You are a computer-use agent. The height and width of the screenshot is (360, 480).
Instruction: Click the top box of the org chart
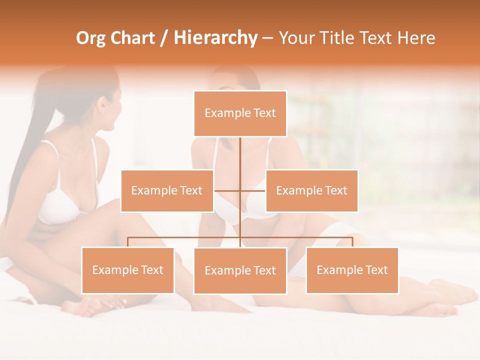pos(240,113)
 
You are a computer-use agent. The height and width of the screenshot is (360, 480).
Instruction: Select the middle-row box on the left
pos(167,190)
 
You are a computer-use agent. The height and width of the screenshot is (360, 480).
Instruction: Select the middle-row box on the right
pos(311,190)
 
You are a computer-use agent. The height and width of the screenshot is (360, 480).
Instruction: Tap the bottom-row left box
pos(127,270)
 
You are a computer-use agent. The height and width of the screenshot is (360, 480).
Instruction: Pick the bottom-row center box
pos(240,271)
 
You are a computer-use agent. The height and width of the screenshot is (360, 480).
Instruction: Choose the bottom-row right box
pos(352,270)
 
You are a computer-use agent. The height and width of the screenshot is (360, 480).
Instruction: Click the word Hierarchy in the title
pos(215,38)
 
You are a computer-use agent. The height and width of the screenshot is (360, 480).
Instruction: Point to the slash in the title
pos(164,38)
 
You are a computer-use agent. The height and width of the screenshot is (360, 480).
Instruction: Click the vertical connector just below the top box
pos(240,150)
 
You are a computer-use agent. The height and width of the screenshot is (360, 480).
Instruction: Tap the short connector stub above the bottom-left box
pos(127,242)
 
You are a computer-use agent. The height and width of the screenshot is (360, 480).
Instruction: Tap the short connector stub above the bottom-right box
pos(352,242)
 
